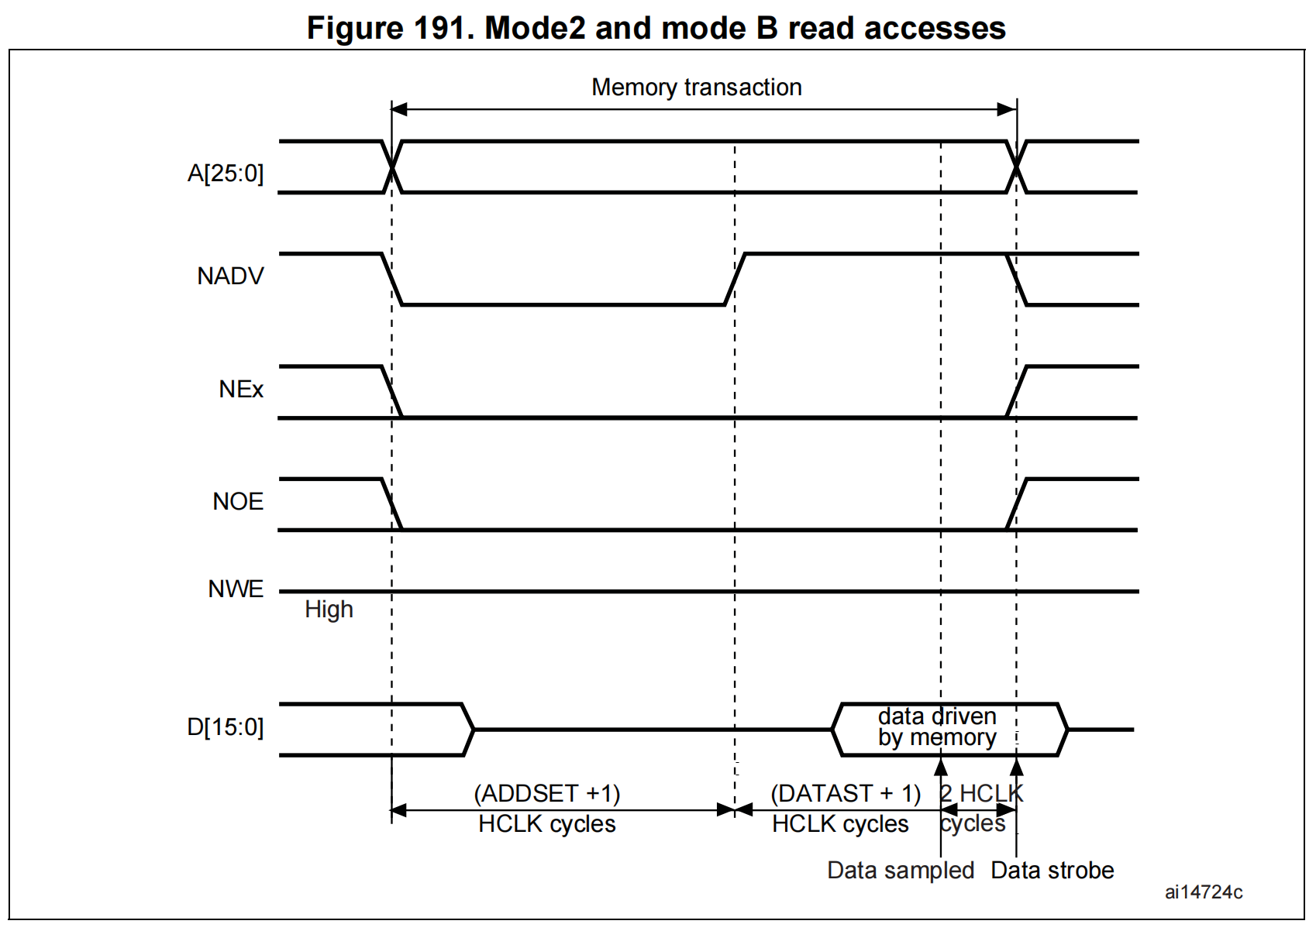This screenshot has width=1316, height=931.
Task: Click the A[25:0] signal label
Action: (226, 173)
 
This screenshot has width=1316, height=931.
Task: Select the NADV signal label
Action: (230, 276)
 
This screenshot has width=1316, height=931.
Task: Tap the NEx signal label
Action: (241, 389)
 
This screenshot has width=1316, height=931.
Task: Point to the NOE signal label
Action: (238, 501)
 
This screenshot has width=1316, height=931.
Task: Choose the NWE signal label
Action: (236, 589)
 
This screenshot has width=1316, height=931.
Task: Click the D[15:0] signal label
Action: (226, 727)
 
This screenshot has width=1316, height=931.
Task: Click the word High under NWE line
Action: (329, 610)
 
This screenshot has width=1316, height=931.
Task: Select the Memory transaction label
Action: (696, 88)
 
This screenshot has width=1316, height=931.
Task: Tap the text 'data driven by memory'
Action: (936, 727)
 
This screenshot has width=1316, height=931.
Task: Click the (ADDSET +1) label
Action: (547, 793)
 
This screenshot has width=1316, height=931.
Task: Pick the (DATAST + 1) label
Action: (845, 793)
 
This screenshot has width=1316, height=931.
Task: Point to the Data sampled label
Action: (901, 870)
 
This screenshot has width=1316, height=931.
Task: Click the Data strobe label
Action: (1052, 870)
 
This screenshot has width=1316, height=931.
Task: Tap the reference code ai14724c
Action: (1203, 892)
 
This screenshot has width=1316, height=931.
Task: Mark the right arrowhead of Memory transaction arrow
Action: (1008, 109)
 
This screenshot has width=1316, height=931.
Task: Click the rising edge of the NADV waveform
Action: (735, 279)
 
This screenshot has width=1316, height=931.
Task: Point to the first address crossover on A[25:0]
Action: (392, 167)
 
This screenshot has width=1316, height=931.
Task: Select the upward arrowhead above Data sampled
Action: (941, 766)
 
